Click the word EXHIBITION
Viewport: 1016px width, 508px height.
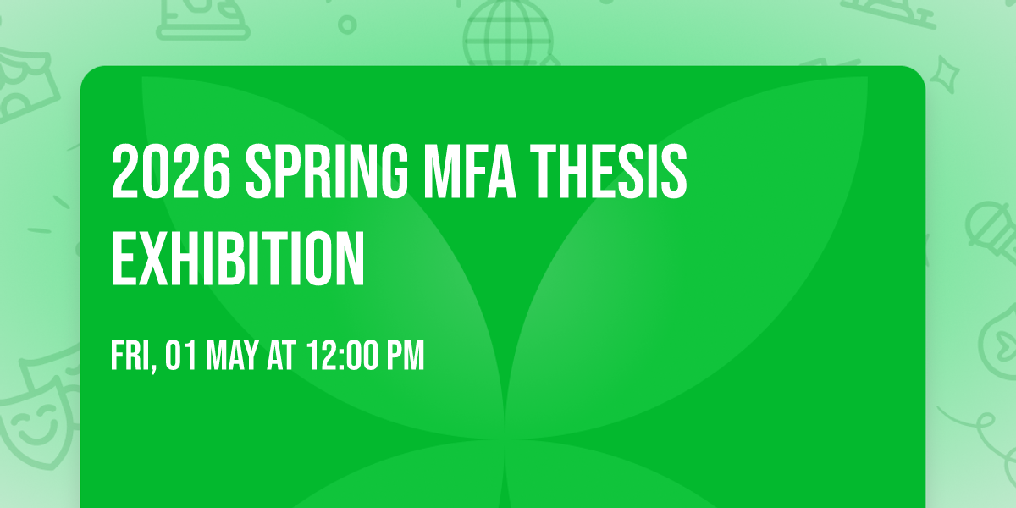pyautogui.click(x=238, y=257)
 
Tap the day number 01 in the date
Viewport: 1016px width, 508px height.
pyautogui.click(x=179, y=356)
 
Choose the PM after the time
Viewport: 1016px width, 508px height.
pyautogui.click(x=404, y=356)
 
